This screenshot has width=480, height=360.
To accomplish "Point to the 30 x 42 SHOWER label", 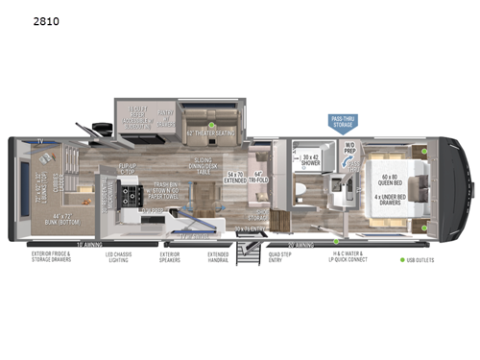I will coord(310,163).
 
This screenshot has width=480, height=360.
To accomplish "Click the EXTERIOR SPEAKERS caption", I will coord(169,258).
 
